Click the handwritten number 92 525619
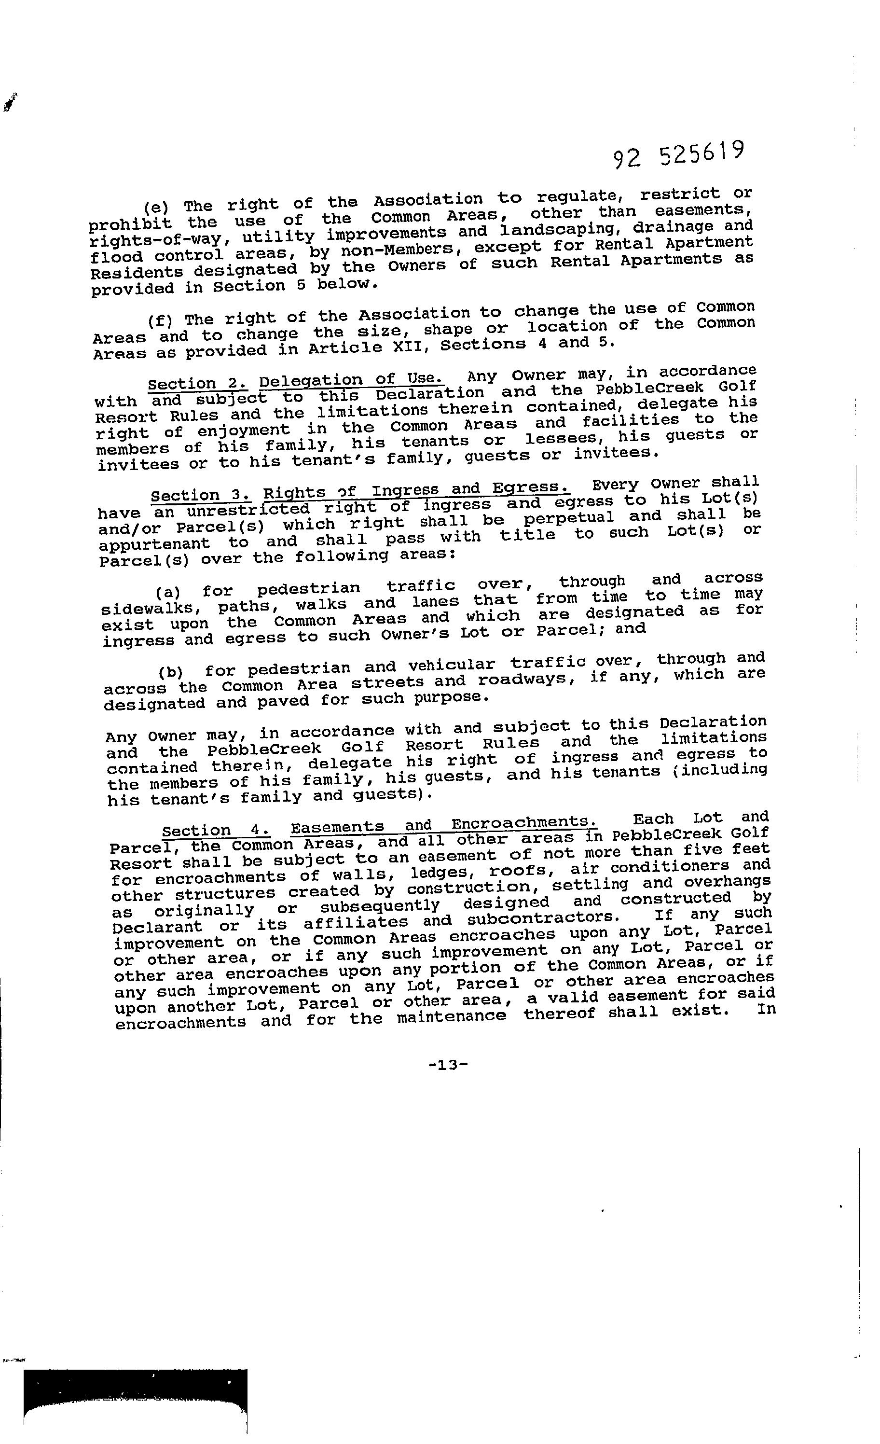pos(678,155)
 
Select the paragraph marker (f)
pos(159,321)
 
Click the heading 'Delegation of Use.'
pos(352,380)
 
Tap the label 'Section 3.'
pos(200,496)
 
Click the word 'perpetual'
pos(568,518)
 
